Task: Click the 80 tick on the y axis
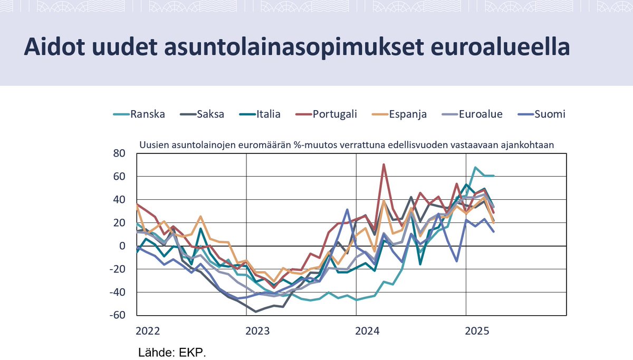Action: coord(119,153)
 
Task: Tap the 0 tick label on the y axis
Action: coord(122,246)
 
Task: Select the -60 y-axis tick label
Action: coord(117,315)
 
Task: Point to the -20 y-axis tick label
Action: coord(117,269)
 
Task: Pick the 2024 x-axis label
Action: coord(367,332)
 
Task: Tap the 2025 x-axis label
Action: coord(477,332)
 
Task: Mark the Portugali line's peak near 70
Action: coord(383,164)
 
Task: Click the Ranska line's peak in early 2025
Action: coord(476,168)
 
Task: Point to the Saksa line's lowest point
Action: coord(256,312)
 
